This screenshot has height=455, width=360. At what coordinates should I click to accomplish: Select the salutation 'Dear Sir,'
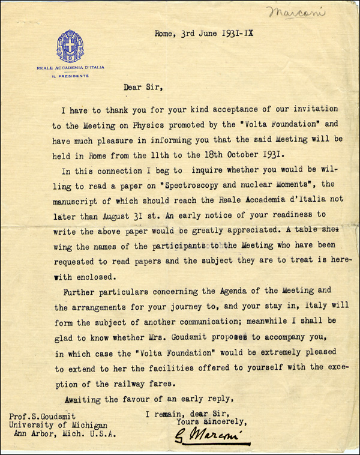click(x=143, y=86)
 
